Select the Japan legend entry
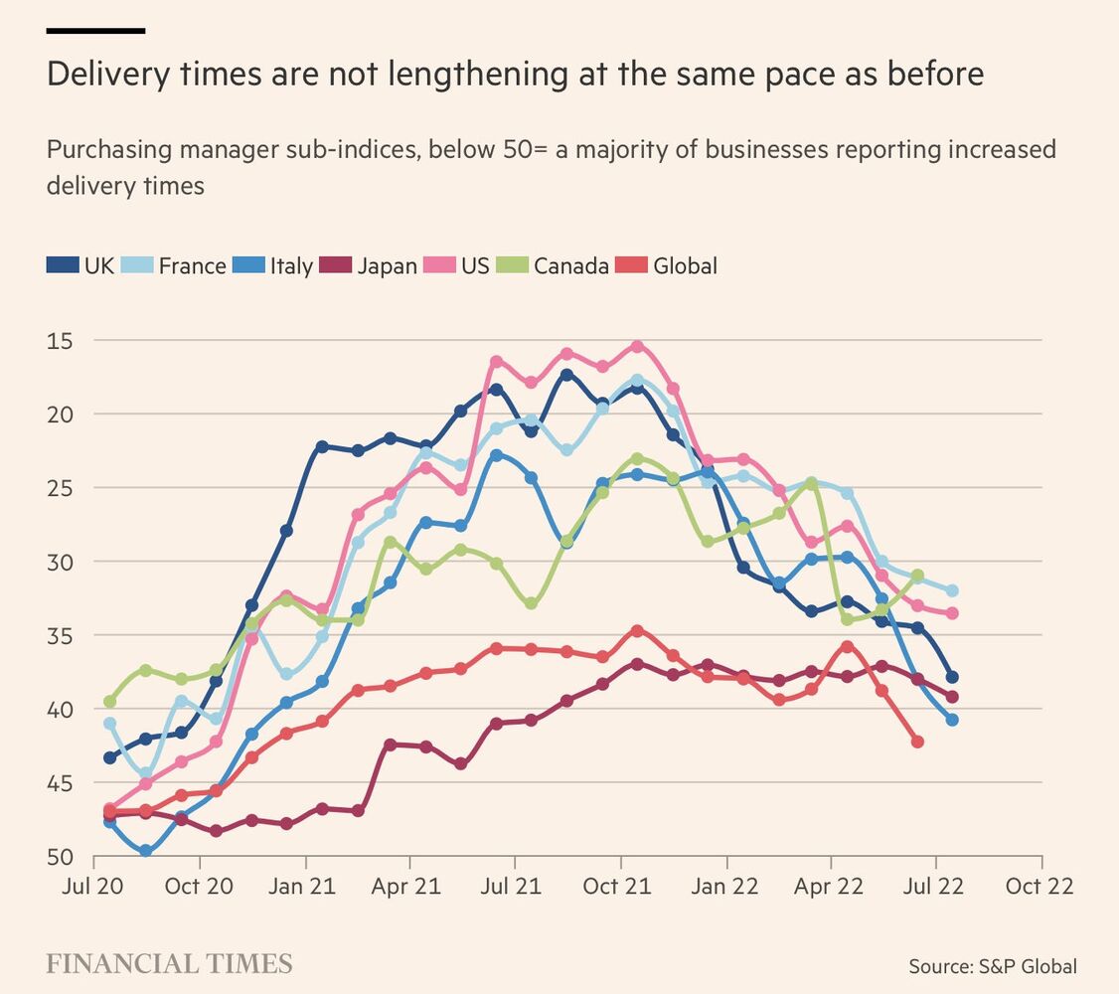click(x=387, y=265)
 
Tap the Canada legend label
click(x=570, y=265)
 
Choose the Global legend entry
click(x=685, y=265)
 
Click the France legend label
click(x=192, y=265)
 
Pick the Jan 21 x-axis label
click(x=302, y=886)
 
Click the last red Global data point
click(x=917, y=742)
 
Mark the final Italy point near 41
click(x=952, y=720)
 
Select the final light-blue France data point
click(x=952, y=590)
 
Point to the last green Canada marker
click(x=917, y=576)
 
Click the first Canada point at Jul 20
click(x=109, y=702)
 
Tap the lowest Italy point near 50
click(x=146, y=851)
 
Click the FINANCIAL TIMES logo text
click(x=169, y=964)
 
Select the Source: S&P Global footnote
click(x=992, y=966)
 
